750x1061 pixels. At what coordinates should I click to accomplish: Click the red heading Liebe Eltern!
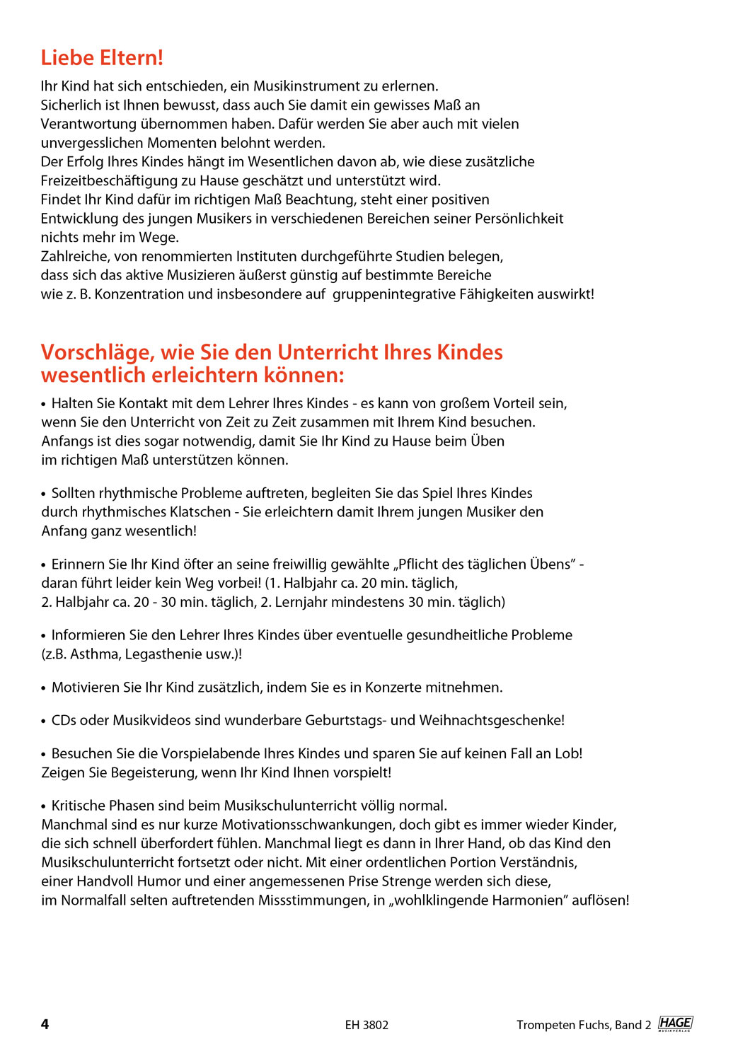point(102,58)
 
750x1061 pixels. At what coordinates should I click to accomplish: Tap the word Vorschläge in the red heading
point(97,352)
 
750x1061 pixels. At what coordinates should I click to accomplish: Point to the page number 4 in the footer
point(45,1024)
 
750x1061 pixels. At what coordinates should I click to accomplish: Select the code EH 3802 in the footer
point(367,1025)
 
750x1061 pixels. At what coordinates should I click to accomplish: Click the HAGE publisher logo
point(675,1024)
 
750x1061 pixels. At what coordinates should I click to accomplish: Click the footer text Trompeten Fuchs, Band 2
point(583,1025)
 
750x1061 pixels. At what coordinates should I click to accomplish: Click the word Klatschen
point(200,512)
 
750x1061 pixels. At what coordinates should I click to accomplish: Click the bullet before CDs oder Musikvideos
point(44,721)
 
